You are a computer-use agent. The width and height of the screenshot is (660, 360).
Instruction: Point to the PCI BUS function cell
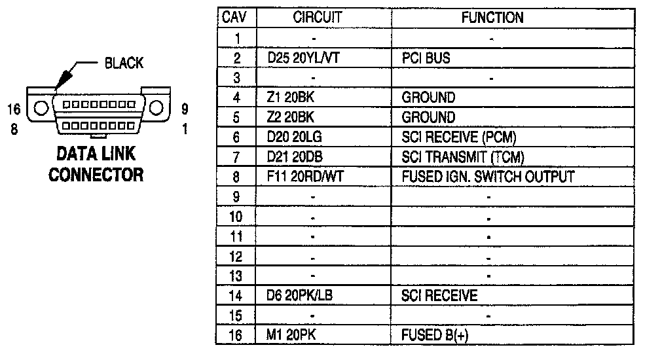[426, 58]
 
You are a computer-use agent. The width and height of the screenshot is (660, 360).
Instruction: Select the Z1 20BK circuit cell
[288, 98]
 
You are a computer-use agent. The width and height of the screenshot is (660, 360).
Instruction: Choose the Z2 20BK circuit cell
[288, 118]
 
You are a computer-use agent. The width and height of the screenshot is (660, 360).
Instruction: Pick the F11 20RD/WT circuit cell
[302, 177]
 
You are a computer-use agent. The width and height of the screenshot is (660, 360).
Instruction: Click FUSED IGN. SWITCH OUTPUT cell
[488, 177]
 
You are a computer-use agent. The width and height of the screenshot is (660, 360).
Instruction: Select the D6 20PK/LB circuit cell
[300, 296]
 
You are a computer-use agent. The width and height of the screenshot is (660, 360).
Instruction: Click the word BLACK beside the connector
[123, 64]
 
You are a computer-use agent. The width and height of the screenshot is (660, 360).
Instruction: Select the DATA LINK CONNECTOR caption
[96, 164]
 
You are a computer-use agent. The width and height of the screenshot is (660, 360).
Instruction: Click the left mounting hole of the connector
[39, 108]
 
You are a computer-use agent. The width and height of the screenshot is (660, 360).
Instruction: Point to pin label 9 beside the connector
[184, 108]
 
